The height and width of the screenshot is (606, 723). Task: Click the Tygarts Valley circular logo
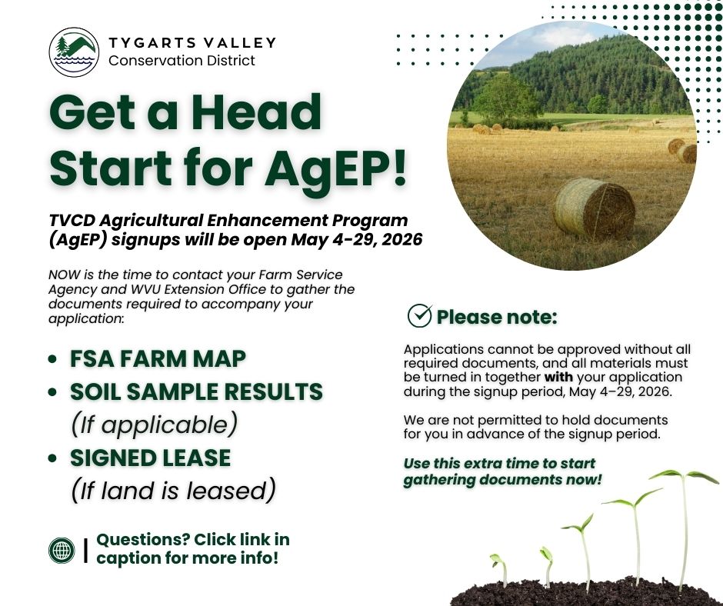click(x=74, y=52)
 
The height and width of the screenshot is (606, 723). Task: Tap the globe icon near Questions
click(x=62, y=550)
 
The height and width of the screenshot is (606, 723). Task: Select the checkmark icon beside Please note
click(x=420, y=315)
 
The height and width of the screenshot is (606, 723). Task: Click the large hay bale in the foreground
click(x=594, y=208)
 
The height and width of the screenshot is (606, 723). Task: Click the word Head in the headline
click(x=256, y=112)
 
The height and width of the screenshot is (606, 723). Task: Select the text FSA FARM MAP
click(x=158, y=359)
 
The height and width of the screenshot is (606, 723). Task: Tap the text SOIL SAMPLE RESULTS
click(x=196, y=391)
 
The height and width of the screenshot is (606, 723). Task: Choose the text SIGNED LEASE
click(x=150, y=458)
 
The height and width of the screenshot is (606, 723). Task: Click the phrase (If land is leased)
click(x=173, y=490)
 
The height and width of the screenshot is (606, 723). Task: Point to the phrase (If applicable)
click(x=154, y=425)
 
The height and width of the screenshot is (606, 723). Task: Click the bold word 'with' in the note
click(x=558, y=378)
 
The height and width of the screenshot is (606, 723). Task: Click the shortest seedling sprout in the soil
click(x=500, y=570)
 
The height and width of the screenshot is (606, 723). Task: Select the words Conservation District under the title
click(x=182, y=61)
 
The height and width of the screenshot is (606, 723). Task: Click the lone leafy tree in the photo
click(x=506, y=98)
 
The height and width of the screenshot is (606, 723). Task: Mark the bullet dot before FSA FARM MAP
click(x=52, y=359)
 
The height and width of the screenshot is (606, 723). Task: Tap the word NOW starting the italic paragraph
click(x=65, y=275)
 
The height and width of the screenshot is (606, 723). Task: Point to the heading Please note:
click(x=497, y=317)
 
